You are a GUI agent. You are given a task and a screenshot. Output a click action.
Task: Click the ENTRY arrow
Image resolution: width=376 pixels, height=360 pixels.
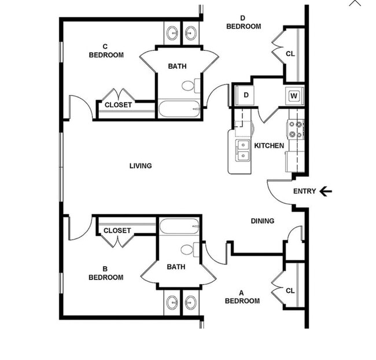(326, 191)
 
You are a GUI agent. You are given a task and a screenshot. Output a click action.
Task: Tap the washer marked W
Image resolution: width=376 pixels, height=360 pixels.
(294, 95)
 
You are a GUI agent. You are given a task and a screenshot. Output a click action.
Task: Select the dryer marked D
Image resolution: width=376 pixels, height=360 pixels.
(245, 95)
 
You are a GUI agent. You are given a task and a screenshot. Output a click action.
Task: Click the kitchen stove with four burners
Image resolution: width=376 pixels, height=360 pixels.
(296, 128)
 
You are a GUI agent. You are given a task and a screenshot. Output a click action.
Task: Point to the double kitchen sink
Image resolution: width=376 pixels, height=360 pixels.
(243, 150)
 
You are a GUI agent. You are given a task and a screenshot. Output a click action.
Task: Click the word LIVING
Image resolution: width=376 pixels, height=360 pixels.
(141, 166)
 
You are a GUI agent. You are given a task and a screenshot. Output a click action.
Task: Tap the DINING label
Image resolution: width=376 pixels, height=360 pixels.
(263, 221)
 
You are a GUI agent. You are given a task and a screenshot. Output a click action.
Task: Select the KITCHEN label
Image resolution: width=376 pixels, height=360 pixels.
(269, 146)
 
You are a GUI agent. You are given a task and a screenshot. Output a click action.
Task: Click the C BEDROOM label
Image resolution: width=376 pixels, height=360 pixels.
(106, 51)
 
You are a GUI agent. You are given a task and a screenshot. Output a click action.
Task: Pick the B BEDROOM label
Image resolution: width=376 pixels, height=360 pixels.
(105, 273)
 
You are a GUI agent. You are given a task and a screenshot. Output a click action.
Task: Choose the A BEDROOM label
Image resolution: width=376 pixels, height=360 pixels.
(242, 297)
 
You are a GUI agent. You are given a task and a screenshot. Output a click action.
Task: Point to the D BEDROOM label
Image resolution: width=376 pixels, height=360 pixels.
(243, 23)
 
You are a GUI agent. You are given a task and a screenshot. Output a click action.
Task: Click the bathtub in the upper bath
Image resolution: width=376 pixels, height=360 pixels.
(179, 108)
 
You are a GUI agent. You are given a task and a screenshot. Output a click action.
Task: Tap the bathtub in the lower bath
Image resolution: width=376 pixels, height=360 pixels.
(179, 226)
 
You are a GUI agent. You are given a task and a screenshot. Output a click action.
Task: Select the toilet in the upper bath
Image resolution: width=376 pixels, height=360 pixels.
(189, 86)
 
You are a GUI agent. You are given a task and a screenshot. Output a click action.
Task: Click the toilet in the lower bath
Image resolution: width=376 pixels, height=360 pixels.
(189, 250)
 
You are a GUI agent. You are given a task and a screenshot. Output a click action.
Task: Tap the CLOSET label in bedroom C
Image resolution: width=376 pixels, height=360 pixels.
(118, 105)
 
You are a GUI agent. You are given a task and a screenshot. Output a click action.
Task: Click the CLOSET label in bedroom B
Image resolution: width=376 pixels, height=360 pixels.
(117, 231)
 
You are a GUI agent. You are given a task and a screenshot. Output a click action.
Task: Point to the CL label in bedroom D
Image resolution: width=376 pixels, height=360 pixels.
(290, 54)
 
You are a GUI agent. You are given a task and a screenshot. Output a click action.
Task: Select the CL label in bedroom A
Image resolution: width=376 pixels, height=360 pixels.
(290, 291)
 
